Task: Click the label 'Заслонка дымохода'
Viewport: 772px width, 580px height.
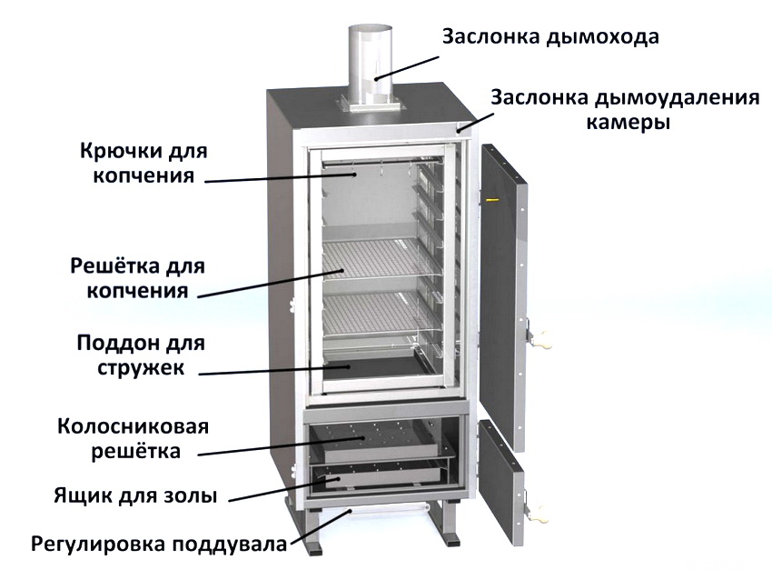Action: [550, 37]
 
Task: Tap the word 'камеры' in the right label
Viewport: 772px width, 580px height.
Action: [628, 121]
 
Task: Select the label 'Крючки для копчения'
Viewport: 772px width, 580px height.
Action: [144, 163]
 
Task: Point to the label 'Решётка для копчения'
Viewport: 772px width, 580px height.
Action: [137, 278]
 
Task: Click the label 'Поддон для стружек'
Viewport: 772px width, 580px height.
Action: [141, 355]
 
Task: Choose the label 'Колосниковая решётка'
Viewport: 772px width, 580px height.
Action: [134, 438]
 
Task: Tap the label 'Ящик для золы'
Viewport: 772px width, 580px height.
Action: [135, 495]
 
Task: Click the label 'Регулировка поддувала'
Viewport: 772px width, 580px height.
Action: [159, 544]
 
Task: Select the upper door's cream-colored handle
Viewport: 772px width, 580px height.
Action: [541, 338]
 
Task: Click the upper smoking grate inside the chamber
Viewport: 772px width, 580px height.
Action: [379, 256]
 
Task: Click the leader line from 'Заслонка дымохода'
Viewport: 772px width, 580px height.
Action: [407, 67]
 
